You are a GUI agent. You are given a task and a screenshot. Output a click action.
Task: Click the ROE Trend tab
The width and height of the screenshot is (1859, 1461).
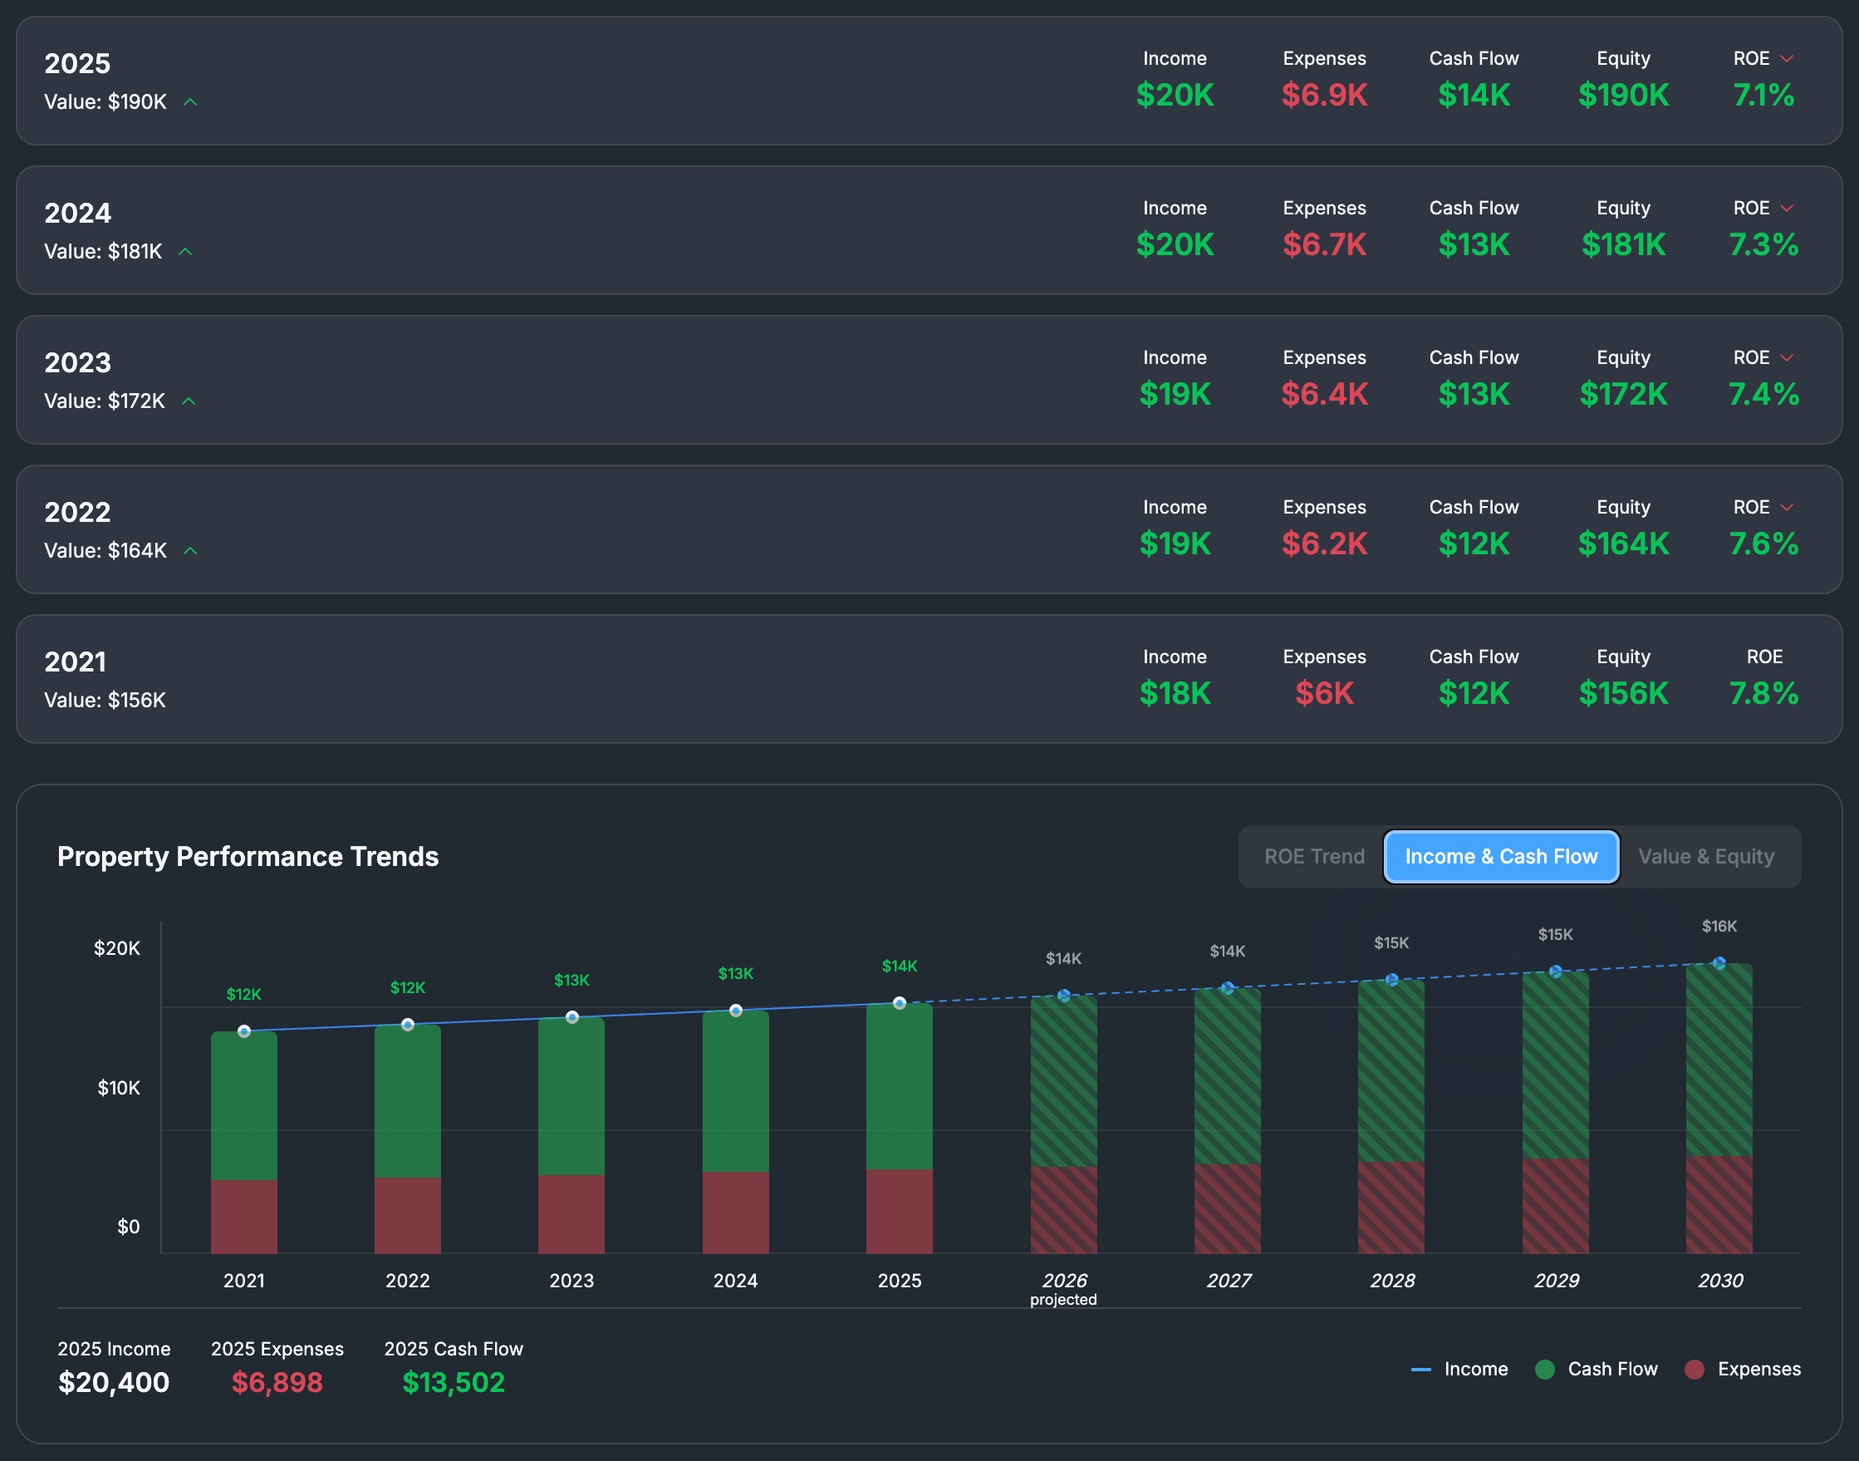(x=1313, y=856)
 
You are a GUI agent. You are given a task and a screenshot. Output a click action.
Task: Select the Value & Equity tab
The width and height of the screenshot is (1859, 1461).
(x=1706, y=856)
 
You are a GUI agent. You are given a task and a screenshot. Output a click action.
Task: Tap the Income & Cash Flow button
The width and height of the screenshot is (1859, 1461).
(x=1501, y=856)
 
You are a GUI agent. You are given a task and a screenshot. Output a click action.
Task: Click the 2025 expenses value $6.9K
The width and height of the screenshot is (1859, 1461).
(x=1324, y=95)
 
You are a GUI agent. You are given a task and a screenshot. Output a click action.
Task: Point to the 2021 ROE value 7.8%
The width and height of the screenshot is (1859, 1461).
(x=1763, y=693)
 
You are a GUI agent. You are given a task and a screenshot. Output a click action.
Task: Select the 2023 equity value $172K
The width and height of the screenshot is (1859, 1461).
(x=1623, y=393)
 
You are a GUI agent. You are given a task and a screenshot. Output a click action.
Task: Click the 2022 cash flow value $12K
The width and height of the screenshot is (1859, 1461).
(x=1474, y=544)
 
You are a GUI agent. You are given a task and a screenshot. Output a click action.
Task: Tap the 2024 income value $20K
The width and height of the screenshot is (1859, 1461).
(x=1174, y=244)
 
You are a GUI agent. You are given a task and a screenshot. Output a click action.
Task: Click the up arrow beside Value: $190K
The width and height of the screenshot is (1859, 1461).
(x=191, y=101)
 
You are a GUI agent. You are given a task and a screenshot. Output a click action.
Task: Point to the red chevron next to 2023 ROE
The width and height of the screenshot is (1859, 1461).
(x=1786, y=357)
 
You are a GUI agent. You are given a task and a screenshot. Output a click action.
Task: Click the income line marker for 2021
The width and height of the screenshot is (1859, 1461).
(x=243, y=1031)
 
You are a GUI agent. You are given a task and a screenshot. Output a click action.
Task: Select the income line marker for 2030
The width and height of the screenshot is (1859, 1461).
(x=1719, y=963)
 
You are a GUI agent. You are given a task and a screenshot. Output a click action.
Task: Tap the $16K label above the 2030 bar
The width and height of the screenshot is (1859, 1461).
(x=1719, y=927)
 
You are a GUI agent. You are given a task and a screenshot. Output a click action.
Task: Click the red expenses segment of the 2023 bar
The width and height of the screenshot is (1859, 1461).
(x=571, y=1214)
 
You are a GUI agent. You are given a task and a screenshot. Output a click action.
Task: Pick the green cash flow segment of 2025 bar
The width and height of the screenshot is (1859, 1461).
(x=899, y=1086)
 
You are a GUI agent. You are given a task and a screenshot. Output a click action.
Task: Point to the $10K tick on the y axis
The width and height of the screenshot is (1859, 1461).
(x=118, y=1088)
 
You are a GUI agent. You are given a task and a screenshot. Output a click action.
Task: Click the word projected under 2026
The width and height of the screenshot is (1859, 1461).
(x=1063, y=1299)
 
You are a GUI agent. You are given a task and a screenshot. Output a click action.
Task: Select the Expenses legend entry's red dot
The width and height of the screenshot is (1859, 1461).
(x=1694, y=1370)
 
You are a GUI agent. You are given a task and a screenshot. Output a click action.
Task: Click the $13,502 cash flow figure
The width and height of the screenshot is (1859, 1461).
(x=454, y=1382)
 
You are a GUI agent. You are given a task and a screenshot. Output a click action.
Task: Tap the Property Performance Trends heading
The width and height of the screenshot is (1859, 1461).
(x=248, y=856)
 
